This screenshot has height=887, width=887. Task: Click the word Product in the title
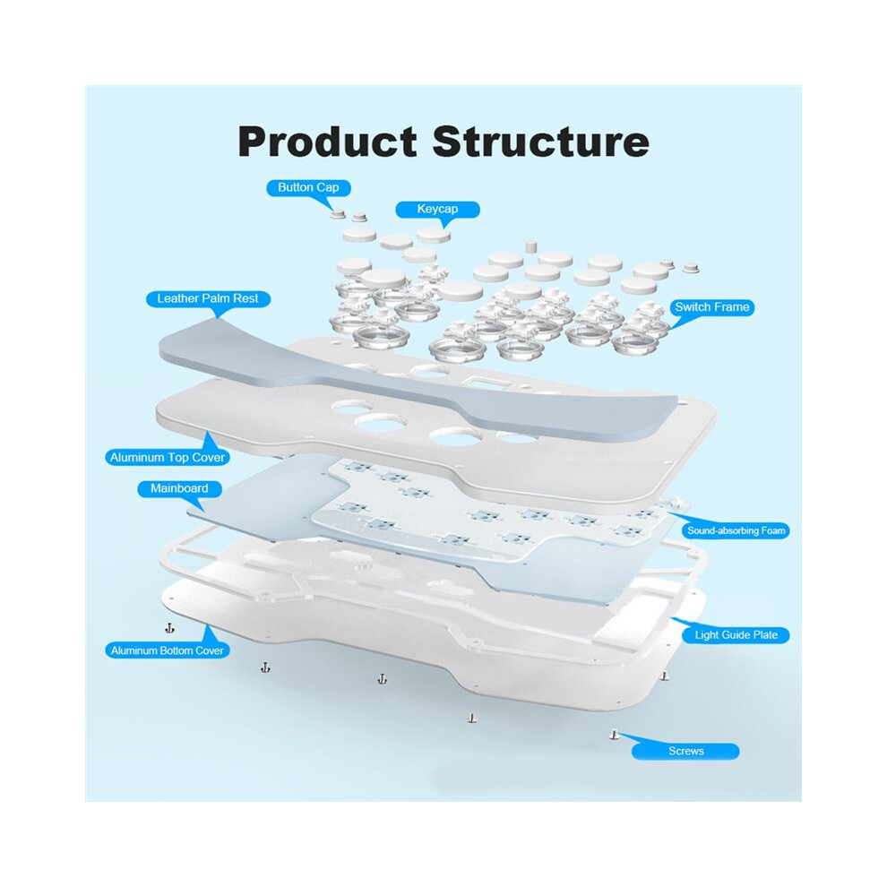click(328, 142)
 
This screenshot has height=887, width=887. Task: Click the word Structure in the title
click(540, 142)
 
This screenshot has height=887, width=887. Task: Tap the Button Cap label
click(308, 187)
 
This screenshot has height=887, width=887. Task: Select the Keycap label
click(437, 210)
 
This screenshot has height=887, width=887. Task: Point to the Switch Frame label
click(711, 307)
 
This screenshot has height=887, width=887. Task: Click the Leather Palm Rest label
click(208, 298)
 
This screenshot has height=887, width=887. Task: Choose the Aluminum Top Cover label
click(168, 457)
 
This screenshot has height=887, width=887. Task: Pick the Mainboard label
click(179, 488)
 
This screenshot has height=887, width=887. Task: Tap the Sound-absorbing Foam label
click(736, 530)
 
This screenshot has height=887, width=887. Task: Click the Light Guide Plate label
click(736, 634)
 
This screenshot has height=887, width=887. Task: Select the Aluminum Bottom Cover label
click(168, 650)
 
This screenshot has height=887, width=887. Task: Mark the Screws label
click(685, 751)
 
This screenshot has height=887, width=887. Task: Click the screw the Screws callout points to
click(615, 736)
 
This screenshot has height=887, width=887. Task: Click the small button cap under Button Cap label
click(339, 214)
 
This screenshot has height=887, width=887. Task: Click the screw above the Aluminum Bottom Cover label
click(169, 628)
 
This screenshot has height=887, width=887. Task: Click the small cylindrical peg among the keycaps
click(530, 246)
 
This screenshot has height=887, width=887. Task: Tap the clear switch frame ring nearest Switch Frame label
click(634, 342)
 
